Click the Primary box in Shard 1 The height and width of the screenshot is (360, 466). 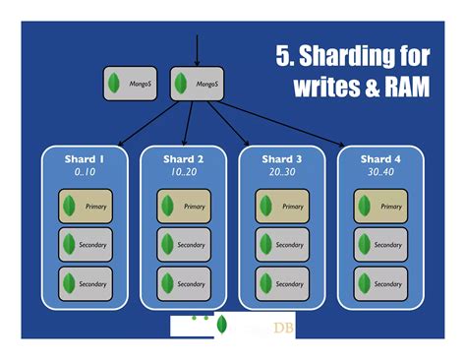[85, 207]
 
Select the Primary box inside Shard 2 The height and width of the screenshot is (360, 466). [184, 207]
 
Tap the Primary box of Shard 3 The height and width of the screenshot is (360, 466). [282, 207]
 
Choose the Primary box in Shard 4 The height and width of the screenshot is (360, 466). [380, 207]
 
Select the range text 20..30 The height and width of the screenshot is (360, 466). [281, 172]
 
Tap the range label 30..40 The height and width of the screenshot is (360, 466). [381, 172]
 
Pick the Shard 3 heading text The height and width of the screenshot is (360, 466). [281, 158]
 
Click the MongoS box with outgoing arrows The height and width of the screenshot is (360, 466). [197, 85]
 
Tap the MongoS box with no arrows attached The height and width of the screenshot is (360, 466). [130, 85]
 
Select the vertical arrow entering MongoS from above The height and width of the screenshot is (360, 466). [198, 49]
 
